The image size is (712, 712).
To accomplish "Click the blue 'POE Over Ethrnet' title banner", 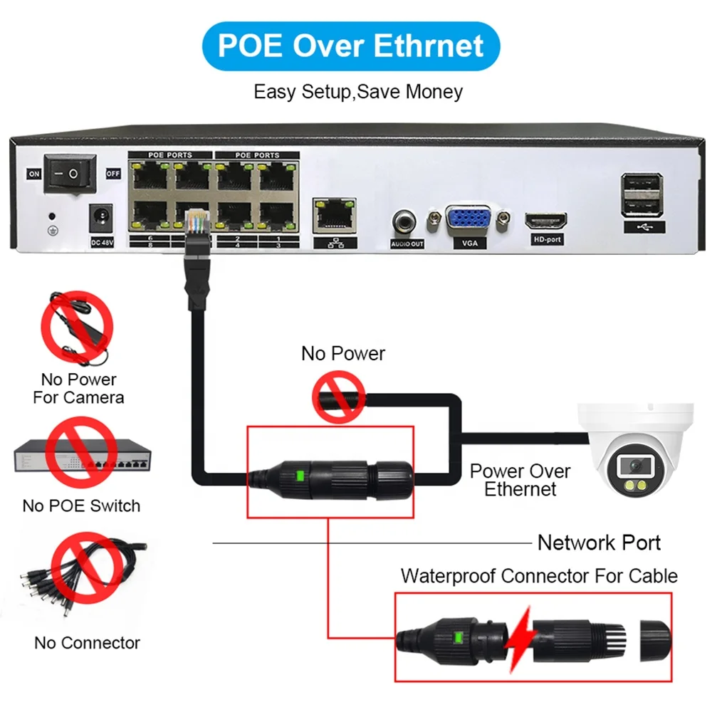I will tap(350, 46).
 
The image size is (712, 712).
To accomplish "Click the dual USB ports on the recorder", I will tap(642, 195).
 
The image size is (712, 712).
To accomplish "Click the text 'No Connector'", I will tap(88, 643).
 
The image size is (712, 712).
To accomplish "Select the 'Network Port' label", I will tap(599, 543).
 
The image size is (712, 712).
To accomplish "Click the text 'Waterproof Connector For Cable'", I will tap(539, 575).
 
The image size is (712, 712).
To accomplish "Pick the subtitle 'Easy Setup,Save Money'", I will tap(358, 92).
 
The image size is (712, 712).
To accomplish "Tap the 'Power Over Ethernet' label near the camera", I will tap(520, 480).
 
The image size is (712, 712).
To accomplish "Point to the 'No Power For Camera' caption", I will tap(78, 388).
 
